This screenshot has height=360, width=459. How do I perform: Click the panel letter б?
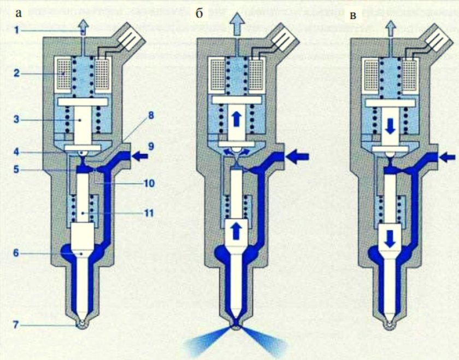tap(199, 14)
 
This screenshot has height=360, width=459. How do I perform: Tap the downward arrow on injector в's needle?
tap(390, 237)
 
